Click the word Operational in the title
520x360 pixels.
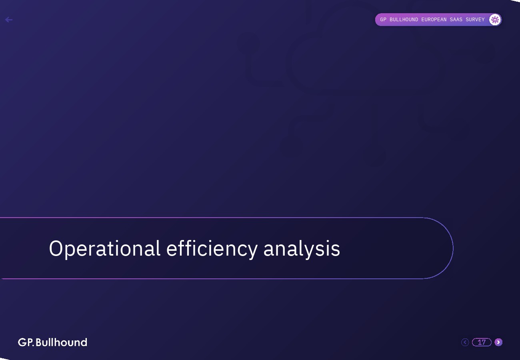coord(105,249)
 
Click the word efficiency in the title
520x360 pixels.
coord(212,249)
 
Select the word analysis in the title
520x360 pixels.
coord(302,249)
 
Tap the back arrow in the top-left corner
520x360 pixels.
coord(9,20)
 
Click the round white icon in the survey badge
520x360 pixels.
coord(495,20)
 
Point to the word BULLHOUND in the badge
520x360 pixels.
coord(404,20)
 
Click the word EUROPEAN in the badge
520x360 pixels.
coord(434,20)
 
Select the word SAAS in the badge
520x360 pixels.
coord(456,20)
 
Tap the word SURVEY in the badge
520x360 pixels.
coord(475,20)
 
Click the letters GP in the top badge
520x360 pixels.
coord(383,20)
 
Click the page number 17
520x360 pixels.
coord(482,342)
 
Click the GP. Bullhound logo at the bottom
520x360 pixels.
coord(53,342)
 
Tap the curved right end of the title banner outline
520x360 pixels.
coord(453,248)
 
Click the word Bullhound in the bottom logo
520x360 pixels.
coord(61,342)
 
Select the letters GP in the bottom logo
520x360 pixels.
coord(26,342)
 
